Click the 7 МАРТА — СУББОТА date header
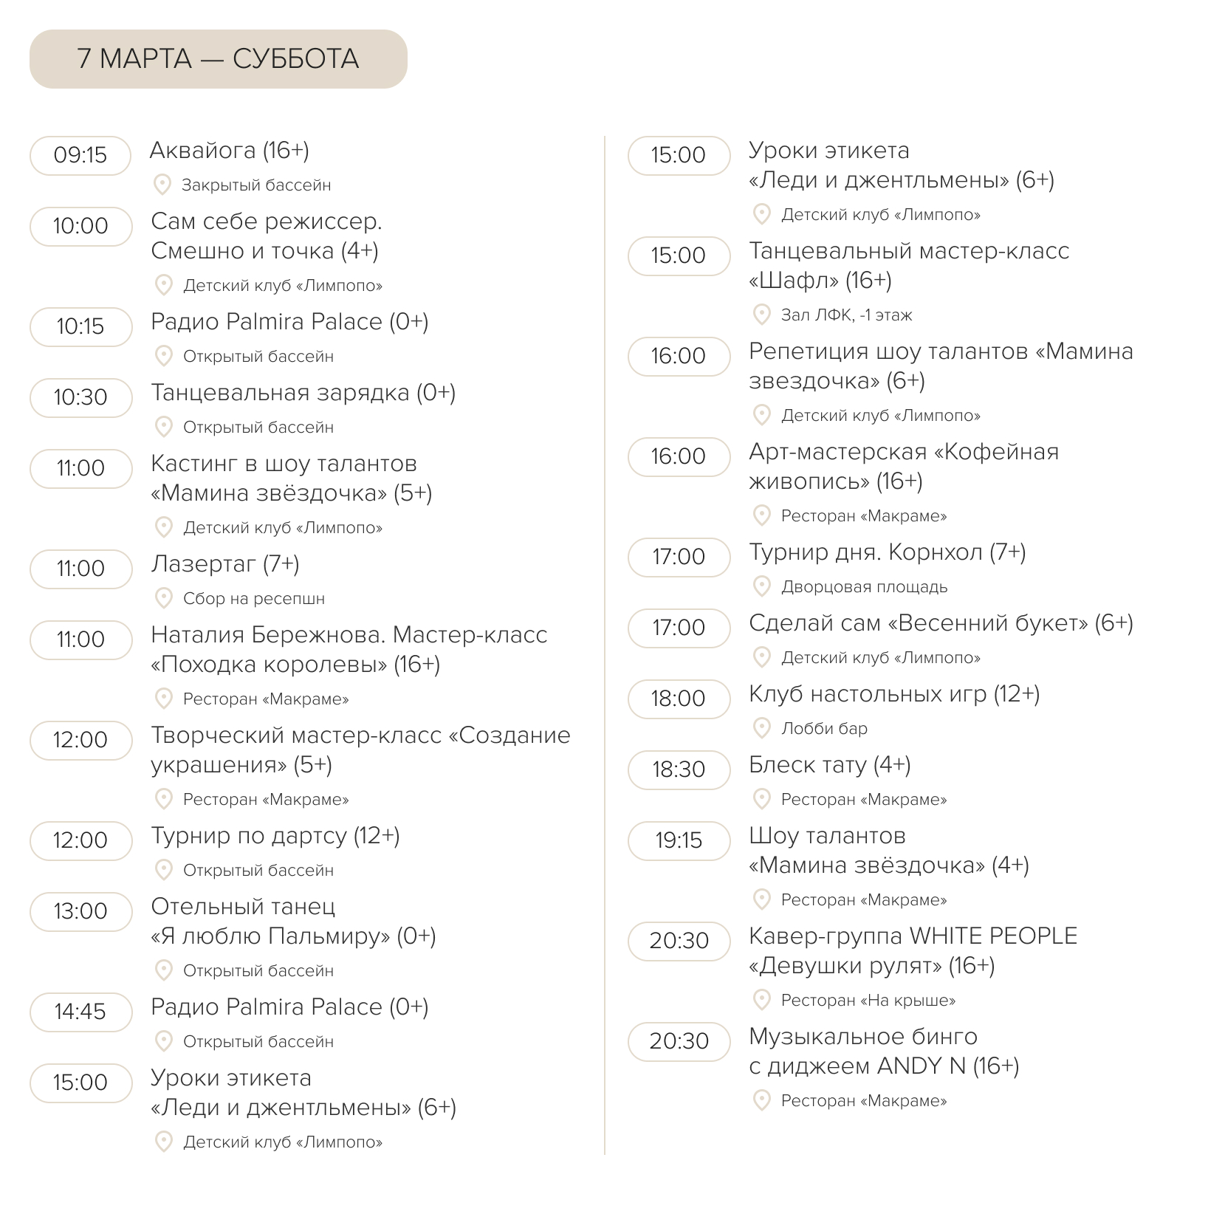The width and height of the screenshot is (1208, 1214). pos(218,59)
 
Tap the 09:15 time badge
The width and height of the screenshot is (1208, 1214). pos(80,155)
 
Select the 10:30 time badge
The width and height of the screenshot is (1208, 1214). pos(80,397)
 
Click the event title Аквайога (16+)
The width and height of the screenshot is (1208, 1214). pos(230,151)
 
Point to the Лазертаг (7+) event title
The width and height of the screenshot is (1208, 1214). pos(225,564)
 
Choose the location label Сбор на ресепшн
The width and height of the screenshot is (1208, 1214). pos(254,599)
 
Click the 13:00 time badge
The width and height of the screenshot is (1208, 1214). pos(80,911)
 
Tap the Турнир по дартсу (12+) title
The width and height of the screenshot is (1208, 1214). pos(275,836)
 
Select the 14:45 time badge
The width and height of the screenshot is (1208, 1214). pos(80,1012)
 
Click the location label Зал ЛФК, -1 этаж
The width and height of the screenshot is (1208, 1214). pos(847,315)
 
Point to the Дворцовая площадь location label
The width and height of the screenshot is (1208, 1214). pos(865,587)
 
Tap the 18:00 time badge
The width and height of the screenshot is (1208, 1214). pos(679,699)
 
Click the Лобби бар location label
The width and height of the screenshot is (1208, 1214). pos(825,729)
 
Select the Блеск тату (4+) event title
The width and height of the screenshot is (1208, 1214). pos(830,765)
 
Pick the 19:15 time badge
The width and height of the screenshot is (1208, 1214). pos(679,840)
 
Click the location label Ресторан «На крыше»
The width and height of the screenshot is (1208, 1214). pos(868,1001)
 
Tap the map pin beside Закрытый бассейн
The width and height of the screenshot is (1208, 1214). pos(162,185)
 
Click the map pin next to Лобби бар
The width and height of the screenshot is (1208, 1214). pos(761,728)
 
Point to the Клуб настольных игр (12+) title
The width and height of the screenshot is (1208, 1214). pos(894,694)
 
